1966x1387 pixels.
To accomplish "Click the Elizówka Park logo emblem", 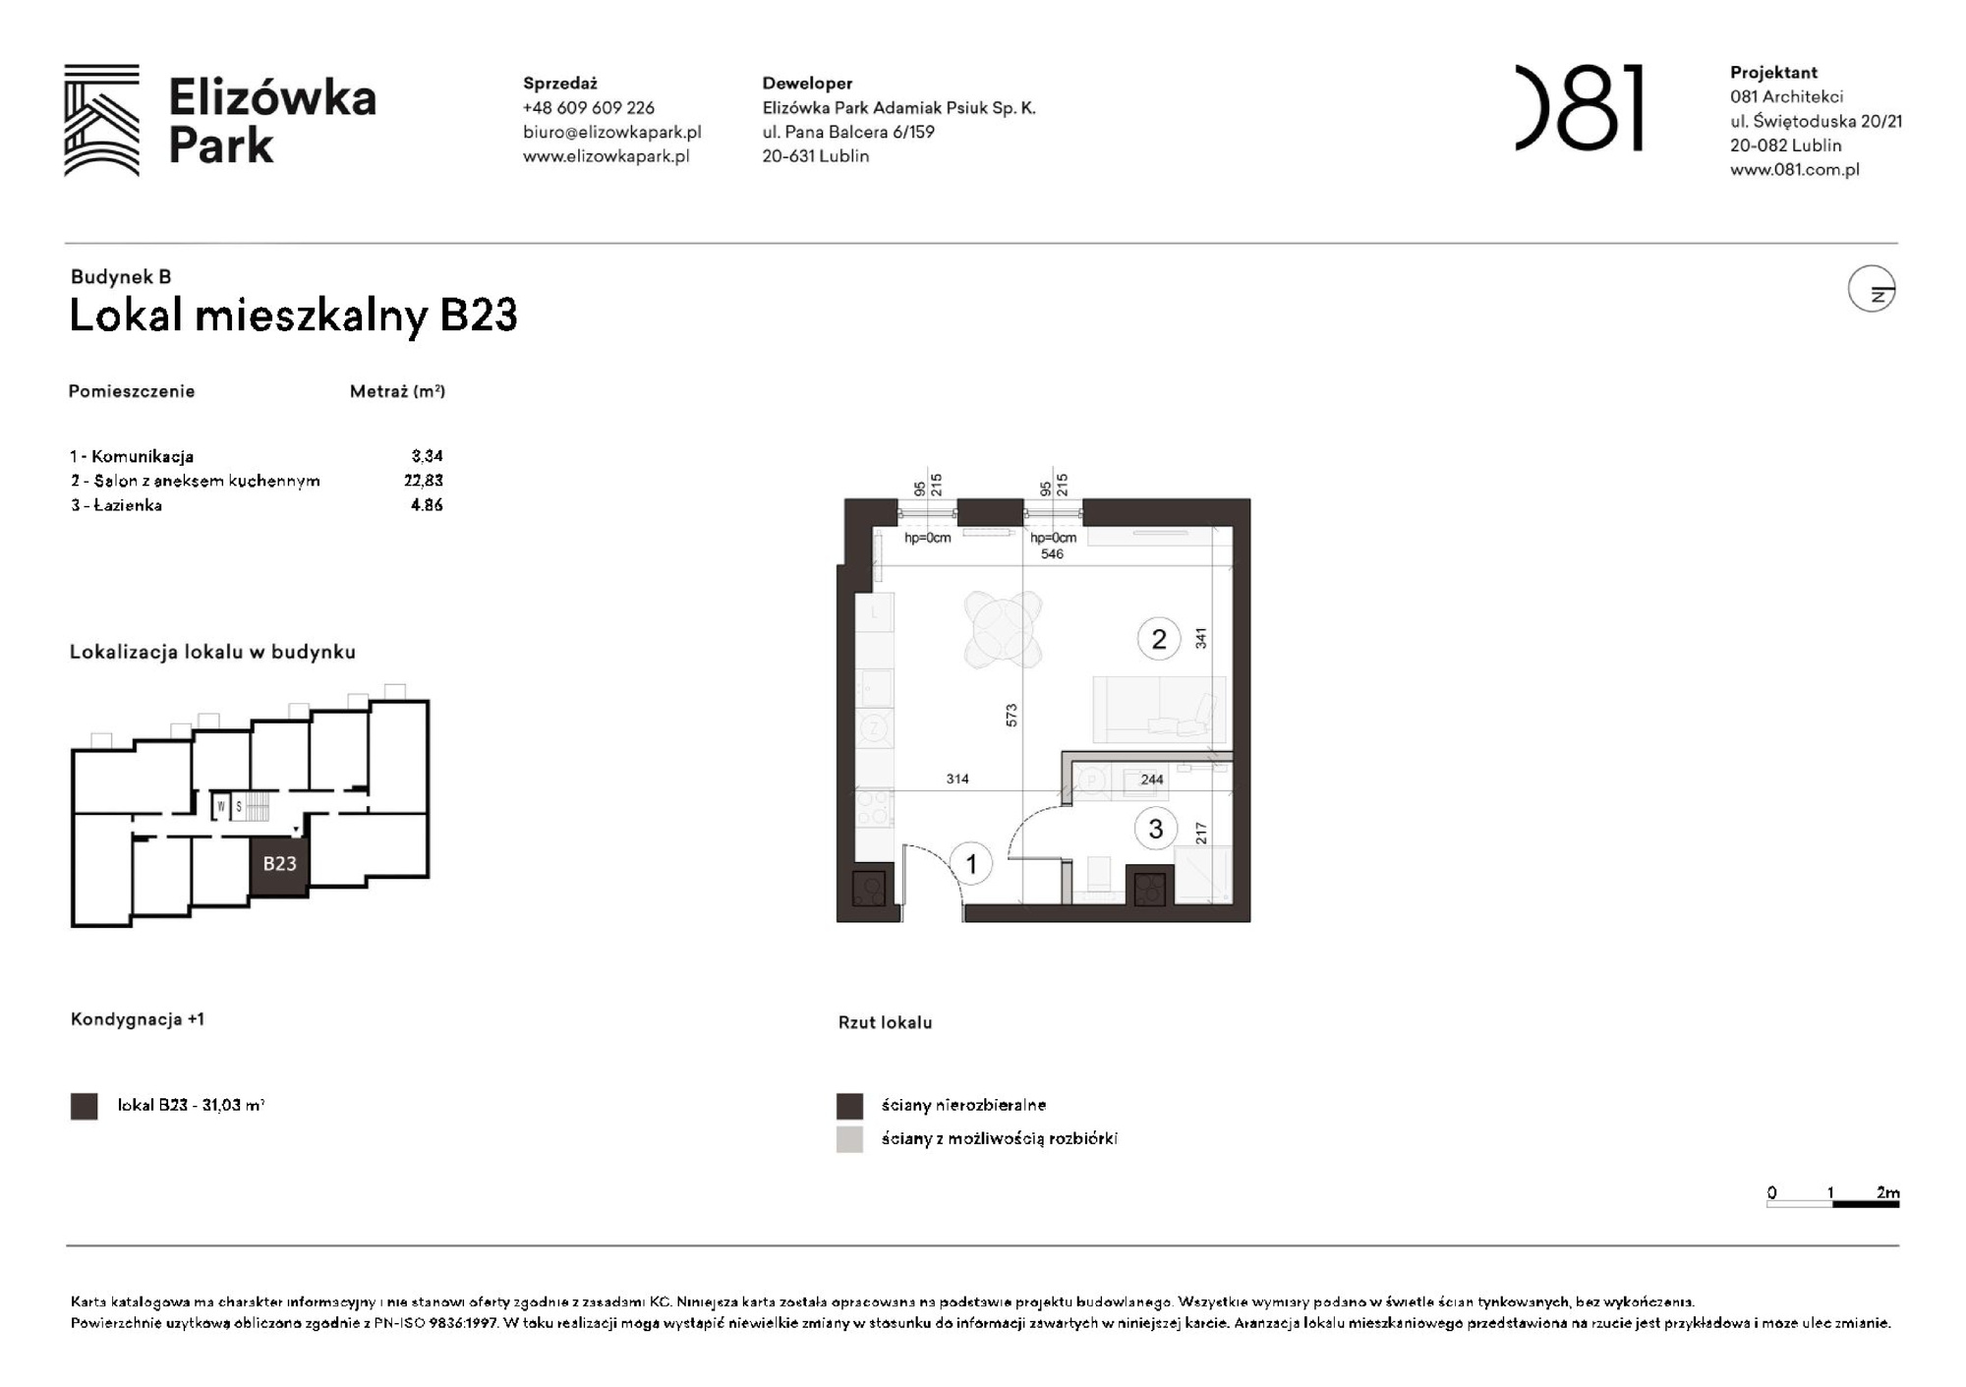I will pyautogui.click(x=101, y=120).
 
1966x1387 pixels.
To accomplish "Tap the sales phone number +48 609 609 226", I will pyautogui.click(x=588, y=108).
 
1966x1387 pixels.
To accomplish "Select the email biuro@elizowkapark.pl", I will pyautogui.click(x=611, y=132).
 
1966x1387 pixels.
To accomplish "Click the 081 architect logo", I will pyautogui.click(x=1579, y=108).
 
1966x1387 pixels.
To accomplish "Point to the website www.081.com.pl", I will pyautogui.click(x=1794, y=169).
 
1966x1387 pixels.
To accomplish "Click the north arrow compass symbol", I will pyautogui.click(x=1872, y=289).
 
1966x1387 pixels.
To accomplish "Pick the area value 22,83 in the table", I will pyautogui.click(x=424, y=481).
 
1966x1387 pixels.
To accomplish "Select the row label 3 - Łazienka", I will pyautogui.click(x=116, y=505).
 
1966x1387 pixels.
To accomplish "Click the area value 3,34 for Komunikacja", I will pyautogui.click(x=427, y=456).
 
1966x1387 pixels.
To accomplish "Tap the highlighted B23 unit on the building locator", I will pyautogui.click(x=279, y=864).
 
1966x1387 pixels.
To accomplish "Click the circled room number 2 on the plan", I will pyautogui.click(x=1158, y=639).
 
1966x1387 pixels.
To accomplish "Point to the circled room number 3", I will pyautogui.click(x=1155, y=829).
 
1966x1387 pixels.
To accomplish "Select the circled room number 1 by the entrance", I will pyautogui.click(x=971, y=864).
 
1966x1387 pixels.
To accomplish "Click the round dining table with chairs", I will pyautogui.click(x=1002, y=628).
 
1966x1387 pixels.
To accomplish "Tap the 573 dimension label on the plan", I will pyautogui.click(x=1012, y=715).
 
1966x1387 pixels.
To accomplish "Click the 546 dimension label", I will pyautogui.click(x=1052, y=554).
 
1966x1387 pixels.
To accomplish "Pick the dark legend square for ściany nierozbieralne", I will pyautogui.click(x=849, y=1106).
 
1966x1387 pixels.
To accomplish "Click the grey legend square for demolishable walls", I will pyautogui.click(x=849, y=1139).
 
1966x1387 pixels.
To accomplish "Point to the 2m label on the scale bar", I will pyautogui.click(x=1887, y=1192).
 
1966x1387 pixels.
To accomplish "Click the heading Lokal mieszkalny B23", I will pyautogui.click(x=293, y=316).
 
